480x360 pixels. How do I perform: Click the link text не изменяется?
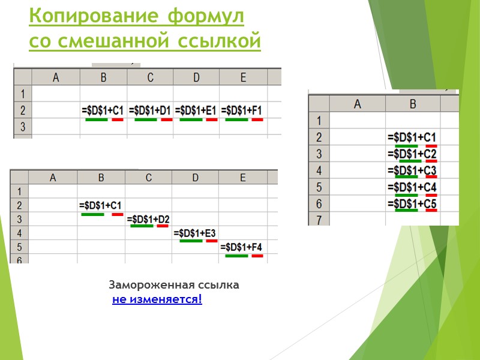click(157, 299)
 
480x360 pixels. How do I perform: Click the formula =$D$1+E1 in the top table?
click(196, 110)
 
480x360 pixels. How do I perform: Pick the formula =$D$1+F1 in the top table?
click(242, 110)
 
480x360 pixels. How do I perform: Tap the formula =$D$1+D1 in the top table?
click(150, 110)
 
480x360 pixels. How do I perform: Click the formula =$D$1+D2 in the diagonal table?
click(148, 218)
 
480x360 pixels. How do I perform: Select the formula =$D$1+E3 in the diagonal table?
click(196, 232)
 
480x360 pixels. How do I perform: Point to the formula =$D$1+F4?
click(242, 247)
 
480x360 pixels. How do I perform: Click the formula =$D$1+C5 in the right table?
click(412, 204)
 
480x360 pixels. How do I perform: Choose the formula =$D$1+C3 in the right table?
click(412, 171)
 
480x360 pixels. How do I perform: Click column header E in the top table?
click(242, 77)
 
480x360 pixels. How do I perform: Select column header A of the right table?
click(358, 103)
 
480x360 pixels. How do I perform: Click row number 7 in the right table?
click(319, 220)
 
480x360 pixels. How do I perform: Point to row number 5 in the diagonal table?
click(19, 247)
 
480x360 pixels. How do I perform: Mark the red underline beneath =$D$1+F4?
click(257, 256)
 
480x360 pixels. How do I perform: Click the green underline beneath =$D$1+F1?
click(236, 119)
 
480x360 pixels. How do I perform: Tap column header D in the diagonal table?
click(196, 178)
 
